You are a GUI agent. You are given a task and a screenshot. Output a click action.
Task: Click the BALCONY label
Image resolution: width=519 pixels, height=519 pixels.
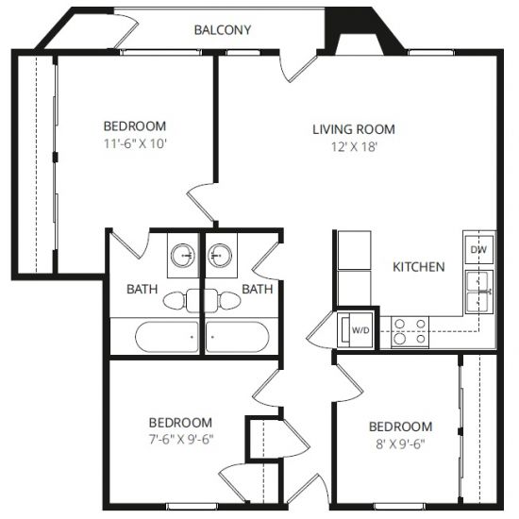point(223,30)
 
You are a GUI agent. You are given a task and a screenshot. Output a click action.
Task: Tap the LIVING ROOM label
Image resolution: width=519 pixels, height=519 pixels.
point(354,129)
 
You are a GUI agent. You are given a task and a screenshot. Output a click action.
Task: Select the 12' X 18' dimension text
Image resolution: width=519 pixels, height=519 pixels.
point(355,146)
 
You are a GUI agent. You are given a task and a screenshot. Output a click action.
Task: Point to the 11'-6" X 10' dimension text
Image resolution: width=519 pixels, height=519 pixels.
point(135,143)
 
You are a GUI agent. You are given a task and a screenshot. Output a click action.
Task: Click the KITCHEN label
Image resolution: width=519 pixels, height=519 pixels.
point(419,267)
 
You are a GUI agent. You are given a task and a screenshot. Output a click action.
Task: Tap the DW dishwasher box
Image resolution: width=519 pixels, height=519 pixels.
point(479,249)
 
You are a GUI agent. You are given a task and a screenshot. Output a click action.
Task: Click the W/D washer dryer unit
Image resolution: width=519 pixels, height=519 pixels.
point(356,329)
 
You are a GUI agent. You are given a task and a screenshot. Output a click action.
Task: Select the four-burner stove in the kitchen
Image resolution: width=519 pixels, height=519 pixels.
point(410,332)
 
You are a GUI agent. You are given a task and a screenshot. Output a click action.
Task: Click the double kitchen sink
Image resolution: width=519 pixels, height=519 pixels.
point(479,292)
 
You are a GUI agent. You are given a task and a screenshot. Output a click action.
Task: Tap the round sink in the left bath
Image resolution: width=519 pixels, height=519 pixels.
point(183,256)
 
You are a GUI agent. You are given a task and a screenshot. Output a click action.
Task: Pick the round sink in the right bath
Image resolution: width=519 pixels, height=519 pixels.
point(220,256)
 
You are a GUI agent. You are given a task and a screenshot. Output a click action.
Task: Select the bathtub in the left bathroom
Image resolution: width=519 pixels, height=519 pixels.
point(167,337)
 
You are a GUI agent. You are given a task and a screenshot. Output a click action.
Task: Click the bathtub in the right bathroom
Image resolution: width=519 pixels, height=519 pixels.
point(237,337)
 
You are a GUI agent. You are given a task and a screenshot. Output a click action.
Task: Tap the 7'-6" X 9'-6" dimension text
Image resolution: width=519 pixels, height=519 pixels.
point(181,440)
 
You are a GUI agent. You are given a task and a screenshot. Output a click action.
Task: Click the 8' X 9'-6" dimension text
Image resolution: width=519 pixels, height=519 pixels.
point(400,444)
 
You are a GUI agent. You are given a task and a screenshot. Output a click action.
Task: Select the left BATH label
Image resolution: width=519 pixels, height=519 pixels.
point(142,289)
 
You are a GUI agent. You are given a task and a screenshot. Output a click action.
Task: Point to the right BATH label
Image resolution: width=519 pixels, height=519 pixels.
point(258,289)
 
